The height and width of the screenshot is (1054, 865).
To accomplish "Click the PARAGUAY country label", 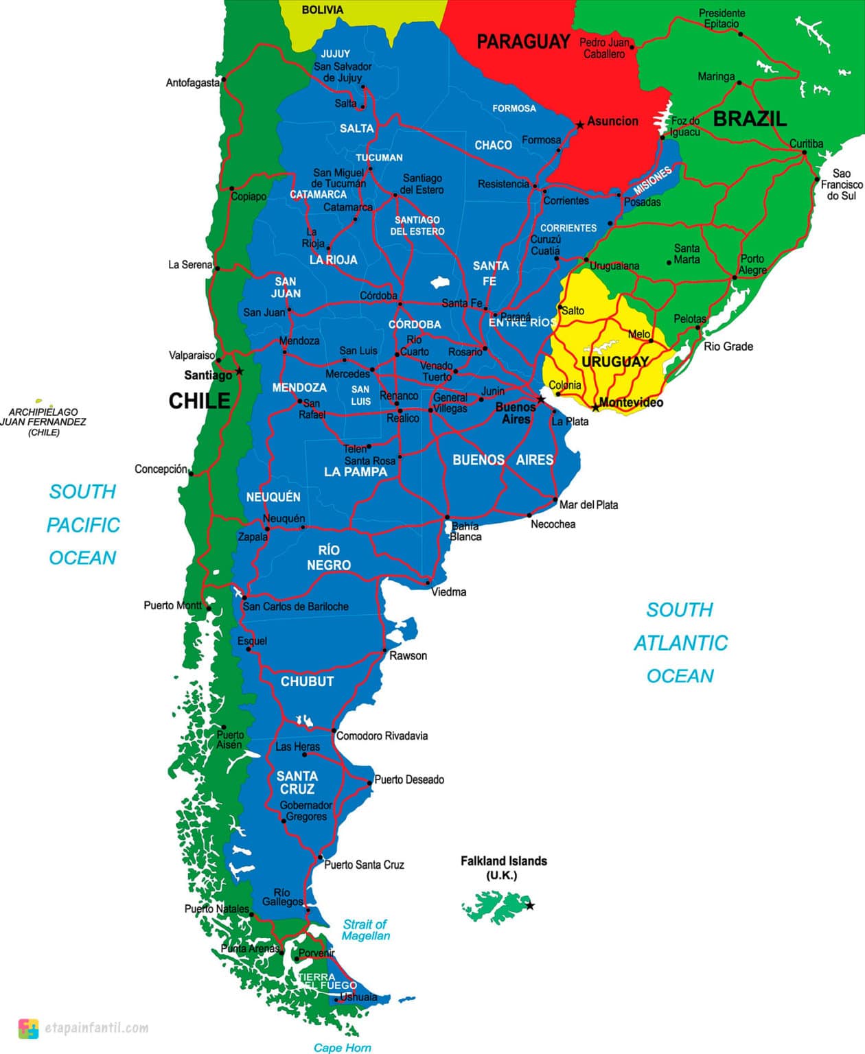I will click(523, 42).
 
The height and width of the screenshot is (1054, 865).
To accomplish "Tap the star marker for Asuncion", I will click(580, 125).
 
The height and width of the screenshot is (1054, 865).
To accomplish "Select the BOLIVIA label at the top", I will click(322, 10).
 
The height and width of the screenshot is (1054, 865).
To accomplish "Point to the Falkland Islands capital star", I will click(530, 906).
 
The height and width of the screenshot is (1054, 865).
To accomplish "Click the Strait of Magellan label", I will click(365, 930).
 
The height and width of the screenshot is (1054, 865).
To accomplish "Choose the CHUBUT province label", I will click(307, 681).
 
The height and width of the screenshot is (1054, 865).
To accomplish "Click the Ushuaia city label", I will click(358, 996).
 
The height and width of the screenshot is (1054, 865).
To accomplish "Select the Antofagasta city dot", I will click(224, 80).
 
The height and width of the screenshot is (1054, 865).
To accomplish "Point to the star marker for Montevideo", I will click(596, 408).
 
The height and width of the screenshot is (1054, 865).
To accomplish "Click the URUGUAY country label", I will click(614, 362).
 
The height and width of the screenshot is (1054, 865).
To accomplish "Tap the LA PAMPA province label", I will click(356, 472).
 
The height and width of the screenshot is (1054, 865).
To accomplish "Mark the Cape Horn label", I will click(342, 1047).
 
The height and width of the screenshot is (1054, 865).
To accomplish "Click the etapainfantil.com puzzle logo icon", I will click(28, 1028).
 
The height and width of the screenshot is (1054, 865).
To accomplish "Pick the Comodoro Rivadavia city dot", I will click(334, 731).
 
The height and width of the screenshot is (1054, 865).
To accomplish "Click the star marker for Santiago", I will click(239, 371).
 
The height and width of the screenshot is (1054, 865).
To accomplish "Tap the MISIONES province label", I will click(651, 180).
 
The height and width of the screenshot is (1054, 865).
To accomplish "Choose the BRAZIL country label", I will click(750, 119).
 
